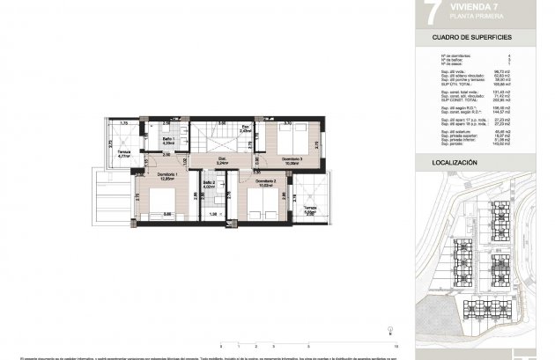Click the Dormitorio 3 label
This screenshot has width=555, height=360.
coord(293,158)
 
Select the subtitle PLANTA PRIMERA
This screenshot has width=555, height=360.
coord(450,16)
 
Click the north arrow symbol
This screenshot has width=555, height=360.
coord(388,332)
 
